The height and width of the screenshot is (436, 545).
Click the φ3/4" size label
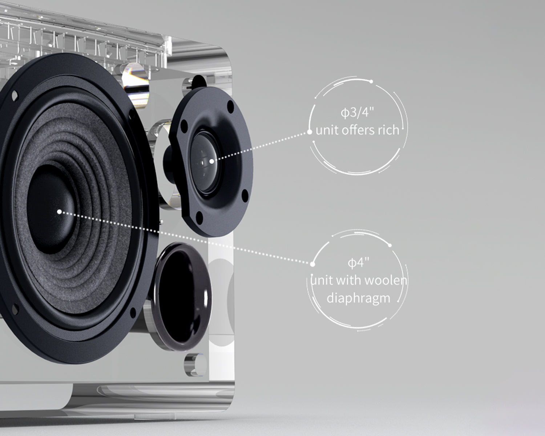tap(358, 112)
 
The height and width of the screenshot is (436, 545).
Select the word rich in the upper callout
tap(388, 130)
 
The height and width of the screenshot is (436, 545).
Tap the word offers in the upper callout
tap(358, 130)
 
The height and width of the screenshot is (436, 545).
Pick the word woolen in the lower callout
tap(387, 280)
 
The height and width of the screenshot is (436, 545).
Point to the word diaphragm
tap(358, 298)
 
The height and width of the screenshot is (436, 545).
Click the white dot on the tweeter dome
tap(212, 161)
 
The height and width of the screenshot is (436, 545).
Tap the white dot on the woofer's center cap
tap(59, 211)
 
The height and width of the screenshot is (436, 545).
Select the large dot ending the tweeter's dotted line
tap(310, 132)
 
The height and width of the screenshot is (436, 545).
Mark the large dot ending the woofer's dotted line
tap(312, 264)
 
